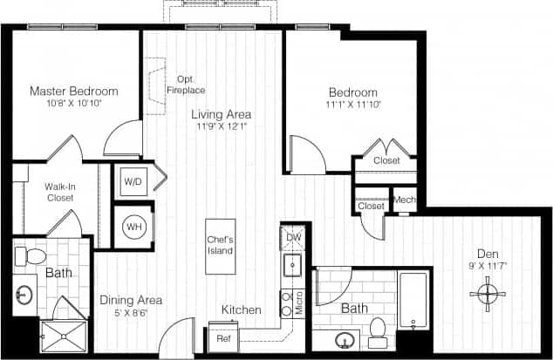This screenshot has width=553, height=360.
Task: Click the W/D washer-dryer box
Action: click(133, 182)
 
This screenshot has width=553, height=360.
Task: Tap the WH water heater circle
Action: click(133, 226)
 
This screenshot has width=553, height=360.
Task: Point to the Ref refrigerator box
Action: click(222, 338)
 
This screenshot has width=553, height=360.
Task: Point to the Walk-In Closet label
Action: click(59, 192)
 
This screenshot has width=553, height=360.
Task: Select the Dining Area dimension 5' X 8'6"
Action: click(131, 314)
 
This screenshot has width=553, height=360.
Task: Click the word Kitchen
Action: click(241, 309)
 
